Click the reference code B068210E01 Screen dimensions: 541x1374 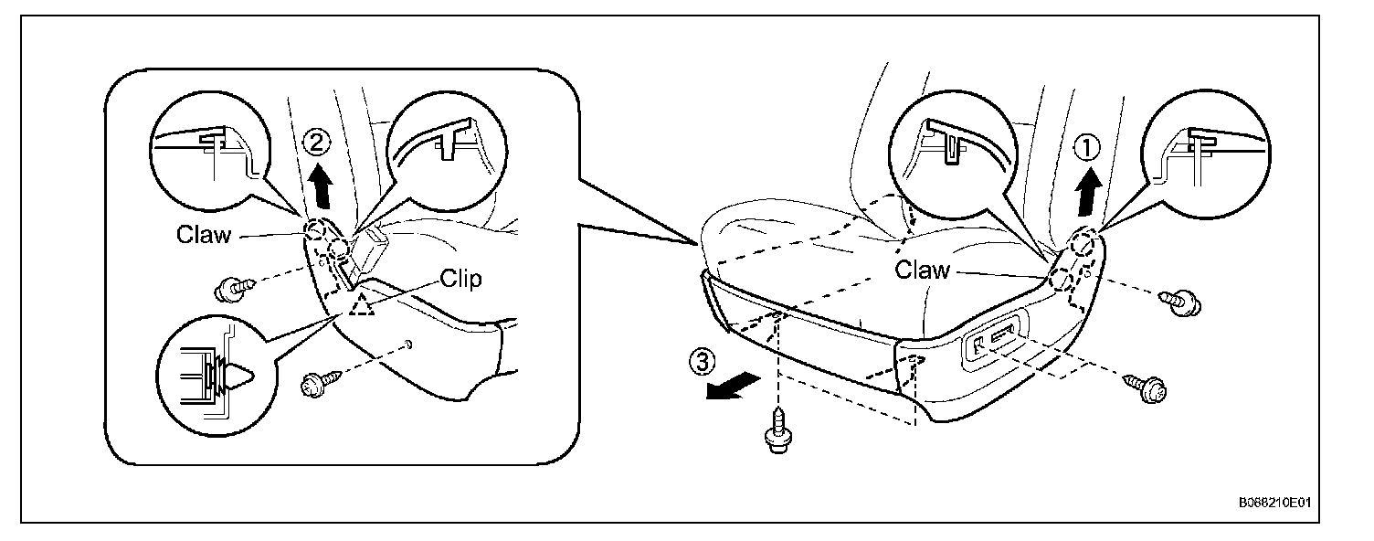point(1279,504)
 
